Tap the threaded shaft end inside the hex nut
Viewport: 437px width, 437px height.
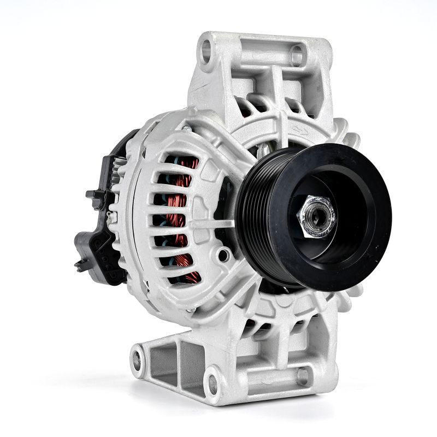click(319, 214)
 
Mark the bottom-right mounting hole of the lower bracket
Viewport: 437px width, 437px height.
click(302, 376)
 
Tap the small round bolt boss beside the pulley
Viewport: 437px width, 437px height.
click(223, 254)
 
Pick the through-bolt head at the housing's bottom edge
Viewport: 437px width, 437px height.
click(191, 310)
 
